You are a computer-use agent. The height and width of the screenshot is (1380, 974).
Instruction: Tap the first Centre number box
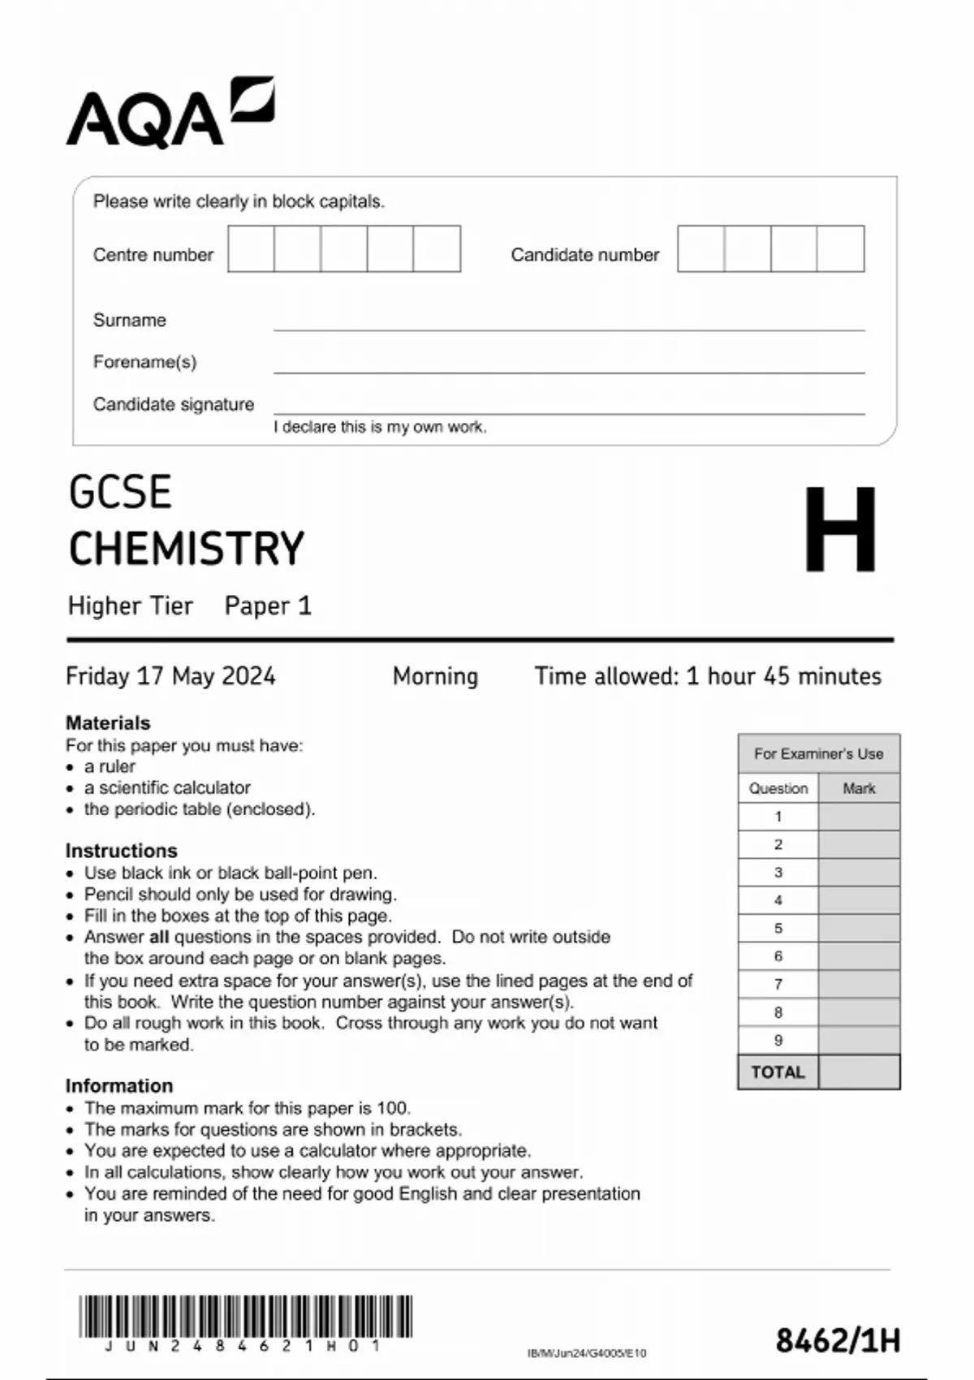[251, 249]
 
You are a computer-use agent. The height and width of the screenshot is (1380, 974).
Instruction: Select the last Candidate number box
[840, 249]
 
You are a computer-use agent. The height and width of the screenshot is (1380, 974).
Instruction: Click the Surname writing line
[568, 322]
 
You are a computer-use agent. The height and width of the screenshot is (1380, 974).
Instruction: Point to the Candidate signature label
[173, 404]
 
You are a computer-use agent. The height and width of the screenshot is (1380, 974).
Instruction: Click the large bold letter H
[840, 529]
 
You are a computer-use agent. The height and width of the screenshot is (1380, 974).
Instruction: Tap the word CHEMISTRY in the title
[187, 549]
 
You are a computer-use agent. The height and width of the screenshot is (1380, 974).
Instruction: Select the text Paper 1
[268, 606]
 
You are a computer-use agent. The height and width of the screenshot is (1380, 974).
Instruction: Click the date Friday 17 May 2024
[170, 676]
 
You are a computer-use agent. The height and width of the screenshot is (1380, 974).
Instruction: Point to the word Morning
[435, 676]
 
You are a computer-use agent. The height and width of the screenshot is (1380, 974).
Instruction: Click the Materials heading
[108, 722]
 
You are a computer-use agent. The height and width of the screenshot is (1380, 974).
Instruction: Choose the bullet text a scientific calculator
[167, 787]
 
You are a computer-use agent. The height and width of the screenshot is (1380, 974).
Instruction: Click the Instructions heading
[121, 851]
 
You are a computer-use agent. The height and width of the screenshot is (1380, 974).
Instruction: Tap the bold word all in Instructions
[159, 937]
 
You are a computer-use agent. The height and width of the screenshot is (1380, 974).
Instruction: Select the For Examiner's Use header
[818, 753]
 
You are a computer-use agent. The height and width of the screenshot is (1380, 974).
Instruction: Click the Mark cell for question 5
[859, 928]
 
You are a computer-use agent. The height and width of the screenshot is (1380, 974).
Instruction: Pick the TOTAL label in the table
[778, 1072]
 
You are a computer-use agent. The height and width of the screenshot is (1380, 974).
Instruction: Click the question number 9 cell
[778, 1040]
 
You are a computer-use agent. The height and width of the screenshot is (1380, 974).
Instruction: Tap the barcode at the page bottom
[245, 1317]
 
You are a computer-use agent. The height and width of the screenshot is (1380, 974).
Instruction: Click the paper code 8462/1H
[838, 1340]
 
